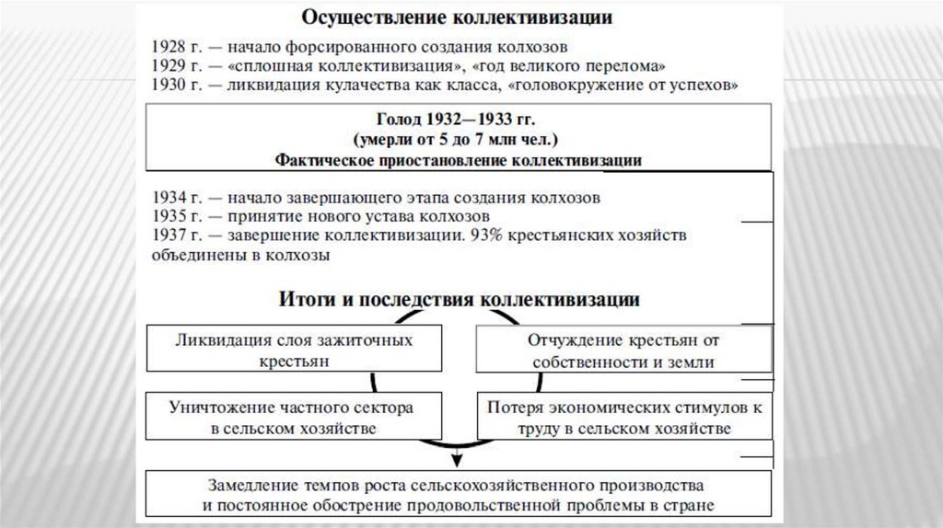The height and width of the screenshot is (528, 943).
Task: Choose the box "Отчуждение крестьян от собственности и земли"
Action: point(623,350)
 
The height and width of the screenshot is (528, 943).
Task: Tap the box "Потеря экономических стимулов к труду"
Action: point(623,417)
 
